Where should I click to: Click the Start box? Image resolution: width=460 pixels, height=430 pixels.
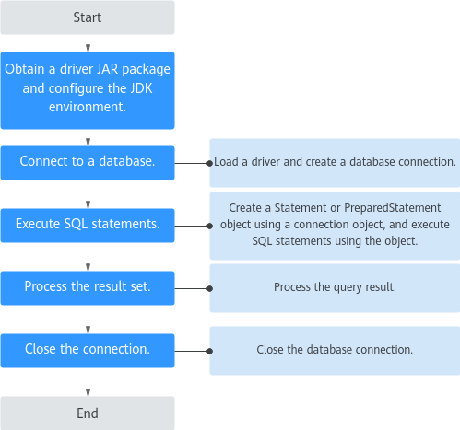pyautogui.click(x=88, y=17)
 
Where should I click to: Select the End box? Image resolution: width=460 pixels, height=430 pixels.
pyautogui.click(x=88, y=413)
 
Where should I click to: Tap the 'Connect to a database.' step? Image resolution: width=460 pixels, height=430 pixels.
pyautogui.click(x=88, y=163)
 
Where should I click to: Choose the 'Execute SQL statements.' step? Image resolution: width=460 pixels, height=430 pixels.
pyautogui.click(x=88, y=226)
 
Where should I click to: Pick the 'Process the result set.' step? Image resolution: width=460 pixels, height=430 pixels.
pyautogui.click(x=88, y=288)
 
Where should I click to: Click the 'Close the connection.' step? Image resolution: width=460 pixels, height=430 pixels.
pyautogui.click(x=88, y=351)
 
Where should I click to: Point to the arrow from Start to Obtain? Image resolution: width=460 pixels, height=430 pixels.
pyautogui.click(x=88, y=43)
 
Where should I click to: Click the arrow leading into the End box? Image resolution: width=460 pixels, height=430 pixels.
pyautogui.click(x=88, y=382)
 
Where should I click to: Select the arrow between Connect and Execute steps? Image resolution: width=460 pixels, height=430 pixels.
pyautogui.click(x=88, y=194)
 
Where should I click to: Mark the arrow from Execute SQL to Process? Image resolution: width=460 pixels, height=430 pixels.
pyautogui.click(x=88, y=257)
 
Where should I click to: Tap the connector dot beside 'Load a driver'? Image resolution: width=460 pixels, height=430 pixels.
pyautogui.click(x=210, y=163)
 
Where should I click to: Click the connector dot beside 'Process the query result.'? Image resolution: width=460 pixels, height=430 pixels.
pyautogui.click(x=210, y=288)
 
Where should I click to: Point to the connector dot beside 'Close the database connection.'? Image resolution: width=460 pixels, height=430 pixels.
pyautogui.click(x=210, y=351)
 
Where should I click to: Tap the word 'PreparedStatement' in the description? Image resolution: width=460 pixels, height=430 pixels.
pyautogui.click(x=393, y=208)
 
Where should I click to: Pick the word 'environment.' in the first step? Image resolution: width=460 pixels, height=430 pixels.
pyautogui.click(x=88, y=107)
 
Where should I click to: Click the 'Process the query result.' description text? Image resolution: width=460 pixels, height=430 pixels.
pyautogui.click(x=335, y=287)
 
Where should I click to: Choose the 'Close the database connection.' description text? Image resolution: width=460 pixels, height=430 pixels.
pyautogui.click(x=335, y=350)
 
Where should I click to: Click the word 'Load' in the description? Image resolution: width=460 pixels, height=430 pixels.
pyautogui.click(x=226, y=162)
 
